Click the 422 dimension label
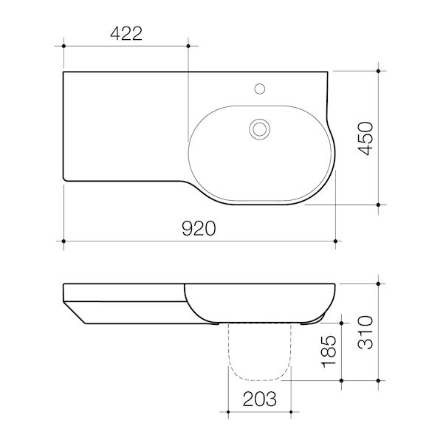coord(126,33)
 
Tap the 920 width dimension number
coord(199,229)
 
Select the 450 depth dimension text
coord(365,139)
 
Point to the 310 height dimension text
coord(365,332)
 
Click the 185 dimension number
coord(329,351)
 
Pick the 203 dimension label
coord(260,399)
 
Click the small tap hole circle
coord(259,89)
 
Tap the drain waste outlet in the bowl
coord(259,129)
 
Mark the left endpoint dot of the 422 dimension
coord(63,46)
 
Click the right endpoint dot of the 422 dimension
coord(188,46)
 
